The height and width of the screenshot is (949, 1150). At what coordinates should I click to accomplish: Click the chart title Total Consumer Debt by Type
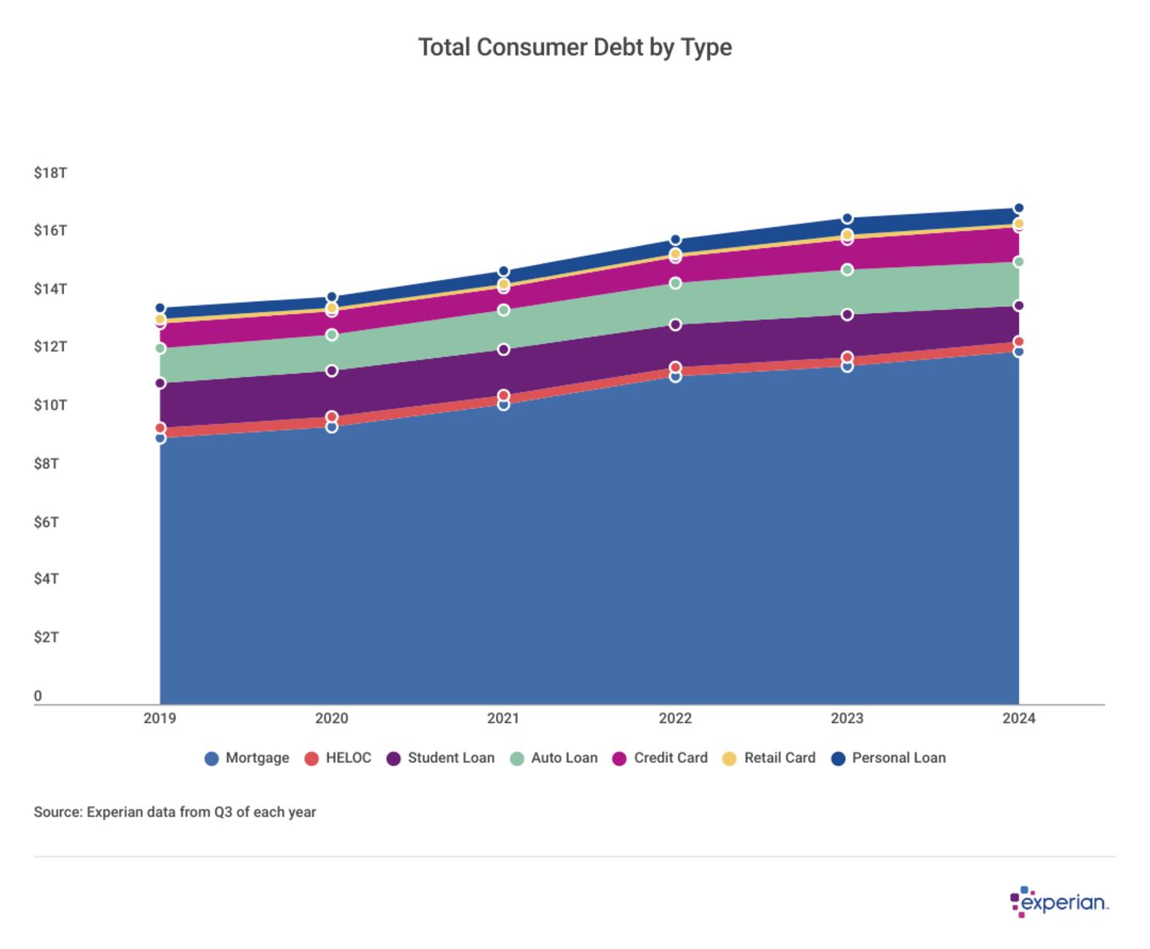(x=575, y=48)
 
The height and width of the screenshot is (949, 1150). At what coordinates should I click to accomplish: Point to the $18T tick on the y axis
(x=50, y=173)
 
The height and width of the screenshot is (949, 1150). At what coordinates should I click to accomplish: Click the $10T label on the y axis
(x=50, y=405)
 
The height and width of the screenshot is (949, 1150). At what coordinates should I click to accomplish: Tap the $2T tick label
(x=46, y=637)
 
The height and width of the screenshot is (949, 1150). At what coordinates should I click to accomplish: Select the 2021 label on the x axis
(x=503, y=718)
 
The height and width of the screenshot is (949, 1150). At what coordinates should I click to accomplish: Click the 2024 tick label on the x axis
(x=1018, y=718)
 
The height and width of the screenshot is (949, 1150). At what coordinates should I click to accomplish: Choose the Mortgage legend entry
(x=247, y=758)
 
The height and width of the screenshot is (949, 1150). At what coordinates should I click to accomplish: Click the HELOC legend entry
(x=338, y=758)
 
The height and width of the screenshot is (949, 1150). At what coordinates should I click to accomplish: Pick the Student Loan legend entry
(x=440, y=758)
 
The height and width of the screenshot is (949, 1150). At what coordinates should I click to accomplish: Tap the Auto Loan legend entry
(x=553, y=758)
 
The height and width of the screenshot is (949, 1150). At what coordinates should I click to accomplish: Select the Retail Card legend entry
(x=769, y=758)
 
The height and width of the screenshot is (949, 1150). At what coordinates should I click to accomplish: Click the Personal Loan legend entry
(x=888, y=758)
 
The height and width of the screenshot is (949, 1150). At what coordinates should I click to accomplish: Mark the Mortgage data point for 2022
(x=676, y=376)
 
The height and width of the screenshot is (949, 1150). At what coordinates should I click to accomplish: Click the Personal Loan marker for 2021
(x=503, y=272)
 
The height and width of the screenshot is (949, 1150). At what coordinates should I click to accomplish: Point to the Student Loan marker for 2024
(x=1018, y=306)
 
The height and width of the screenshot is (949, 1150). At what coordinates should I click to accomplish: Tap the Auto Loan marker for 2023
(x=847, y=270)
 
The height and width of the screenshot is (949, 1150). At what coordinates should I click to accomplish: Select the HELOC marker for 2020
(x=331, y=417)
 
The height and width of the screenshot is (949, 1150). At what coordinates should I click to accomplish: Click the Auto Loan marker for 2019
(x=160, y=348)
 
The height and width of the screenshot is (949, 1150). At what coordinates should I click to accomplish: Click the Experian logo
(x=1059, y=903)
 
